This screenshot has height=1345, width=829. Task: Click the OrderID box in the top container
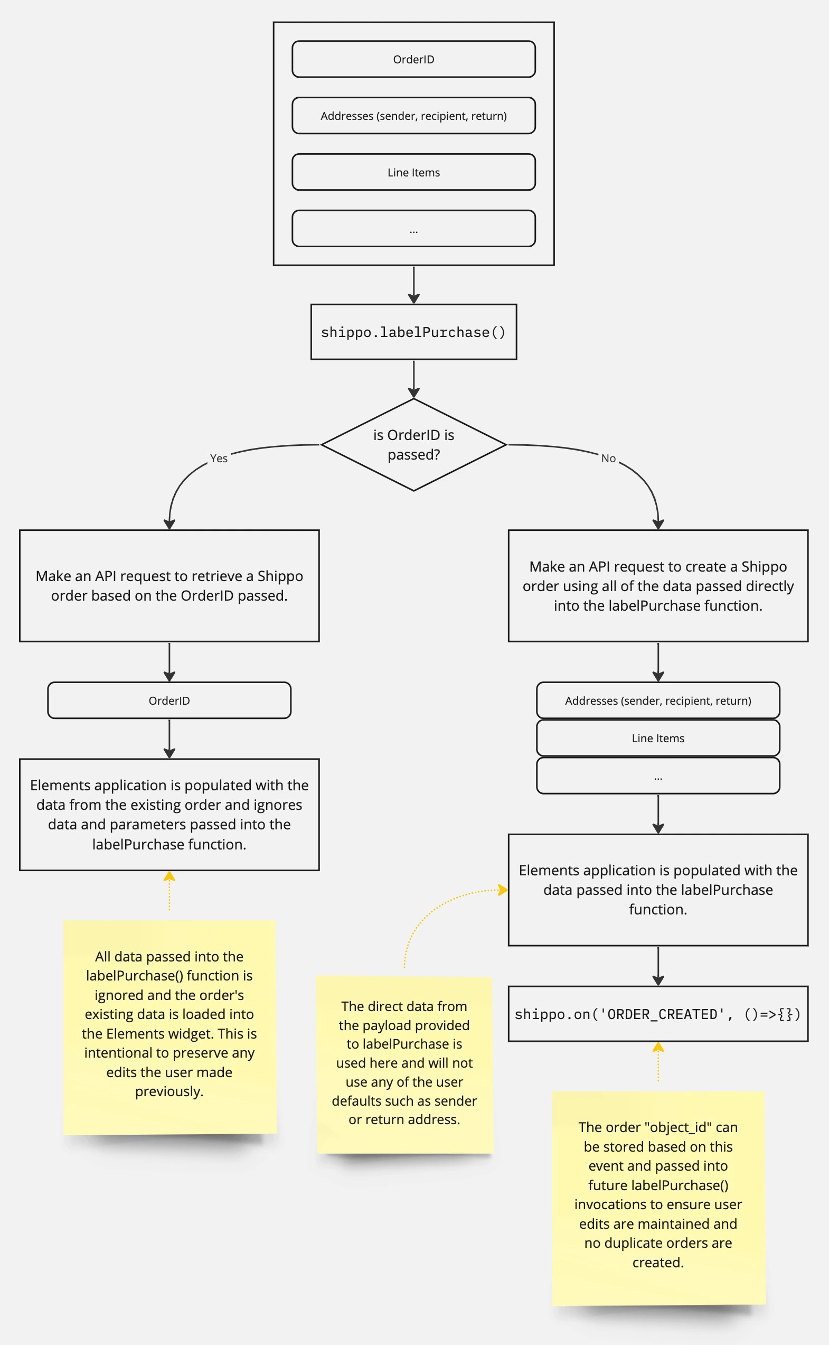pos(413,59)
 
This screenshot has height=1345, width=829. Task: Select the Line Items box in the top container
pos(413,172)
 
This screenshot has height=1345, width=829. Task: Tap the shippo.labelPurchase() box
pos(413,332)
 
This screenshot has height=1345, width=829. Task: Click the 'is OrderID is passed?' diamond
pos(413,445)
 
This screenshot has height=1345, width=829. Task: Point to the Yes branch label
pos(218,459)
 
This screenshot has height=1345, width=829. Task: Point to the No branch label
pos(608,459)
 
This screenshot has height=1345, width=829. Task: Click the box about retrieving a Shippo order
pos(169,586)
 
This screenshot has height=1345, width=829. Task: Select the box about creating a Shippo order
pos(658,586)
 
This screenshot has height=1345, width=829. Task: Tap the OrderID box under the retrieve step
pos(169,700)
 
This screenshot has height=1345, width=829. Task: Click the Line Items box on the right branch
pos(658,739)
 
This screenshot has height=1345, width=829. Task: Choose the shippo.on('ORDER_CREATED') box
pos(658,1014)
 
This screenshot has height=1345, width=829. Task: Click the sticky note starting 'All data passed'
pos(169,1027)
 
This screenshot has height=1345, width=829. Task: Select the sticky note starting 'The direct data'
pos(404,1064)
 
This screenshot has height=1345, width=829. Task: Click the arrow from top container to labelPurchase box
pos(413,285)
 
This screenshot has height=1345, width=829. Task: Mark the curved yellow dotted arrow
pos(433,911)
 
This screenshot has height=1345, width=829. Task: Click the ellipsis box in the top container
pos(413,229)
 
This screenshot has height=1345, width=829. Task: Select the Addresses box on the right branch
pos(658,700)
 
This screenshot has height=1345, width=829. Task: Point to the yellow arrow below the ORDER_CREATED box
pos(658,1061)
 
